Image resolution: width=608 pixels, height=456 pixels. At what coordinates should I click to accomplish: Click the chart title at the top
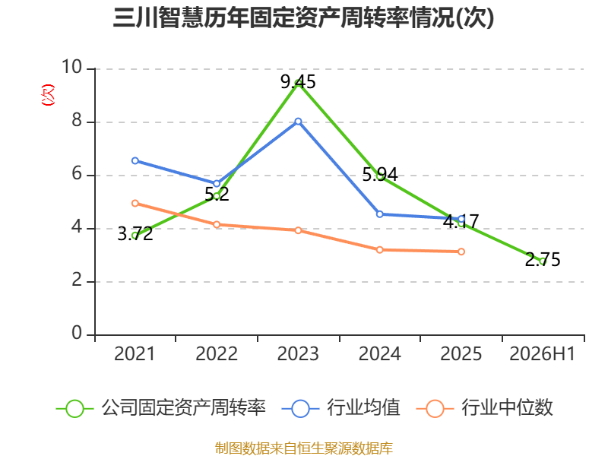[x=303, y=17]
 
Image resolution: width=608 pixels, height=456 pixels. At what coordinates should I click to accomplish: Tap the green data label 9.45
[x=298, y=82]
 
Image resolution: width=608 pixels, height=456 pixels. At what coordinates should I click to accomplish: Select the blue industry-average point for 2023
[x=298, y=122]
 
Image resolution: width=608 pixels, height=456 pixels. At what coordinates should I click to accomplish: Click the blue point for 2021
[x=135, y=160]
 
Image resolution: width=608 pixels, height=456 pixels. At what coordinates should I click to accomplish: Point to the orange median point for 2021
[x=135, y=203]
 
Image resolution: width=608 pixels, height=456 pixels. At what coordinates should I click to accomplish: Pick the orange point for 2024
[x=379, y=250]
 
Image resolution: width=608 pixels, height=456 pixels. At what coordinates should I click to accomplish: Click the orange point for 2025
[x=461, y=252]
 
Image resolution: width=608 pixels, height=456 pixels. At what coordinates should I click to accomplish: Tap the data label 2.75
[x=543, y=260]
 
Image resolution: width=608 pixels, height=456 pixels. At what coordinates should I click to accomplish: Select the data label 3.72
[x=135, y=234]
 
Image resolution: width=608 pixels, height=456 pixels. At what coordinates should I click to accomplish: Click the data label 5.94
[x=379, y=175]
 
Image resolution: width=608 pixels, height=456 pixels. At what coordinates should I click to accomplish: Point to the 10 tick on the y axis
[x=71, y=67]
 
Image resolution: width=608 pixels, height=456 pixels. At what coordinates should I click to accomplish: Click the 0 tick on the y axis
[x=77, y=333]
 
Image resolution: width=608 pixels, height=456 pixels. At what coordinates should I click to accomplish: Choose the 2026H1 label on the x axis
[x=543, y=354]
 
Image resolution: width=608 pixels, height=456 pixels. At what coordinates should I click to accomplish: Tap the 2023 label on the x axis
[x=298, y=354]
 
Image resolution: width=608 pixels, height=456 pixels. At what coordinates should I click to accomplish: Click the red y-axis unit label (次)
[x=48, y=95]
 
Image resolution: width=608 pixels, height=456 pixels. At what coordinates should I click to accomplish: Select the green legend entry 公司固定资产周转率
[x=160, y=408]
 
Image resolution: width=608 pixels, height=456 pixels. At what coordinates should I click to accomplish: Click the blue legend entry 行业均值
[x=340, y=408]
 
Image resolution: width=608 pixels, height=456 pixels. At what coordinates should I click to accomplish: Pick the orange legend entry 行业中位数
[x=484, y=408]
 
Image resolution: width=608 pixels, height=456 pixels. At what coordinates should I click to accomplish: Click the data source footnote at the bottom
[x=304, y=448]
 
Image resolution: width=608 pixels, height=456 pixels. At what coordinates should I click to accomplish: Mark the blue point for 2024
[x=379, y=214]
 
